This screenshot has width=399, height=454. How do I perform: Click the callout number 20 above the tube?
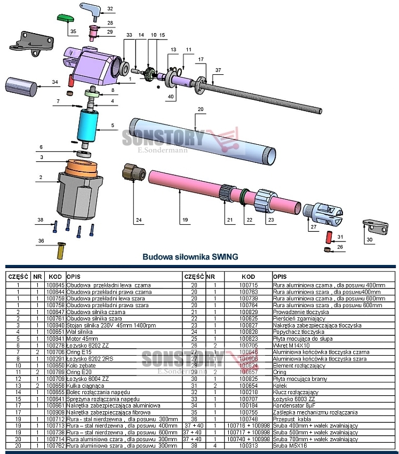point(201,109)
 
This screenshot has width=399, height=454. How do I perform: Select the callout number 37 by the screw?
point(218,71)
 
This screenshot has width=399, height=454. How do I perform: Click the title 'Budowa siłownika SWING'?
point(189,256)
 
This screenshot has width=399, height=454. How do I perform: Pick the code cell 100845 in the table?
point(55,285)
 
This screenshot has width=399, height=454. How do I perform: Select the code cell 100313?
point(248,445)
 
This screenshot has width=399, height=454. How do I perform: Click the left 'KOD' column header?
point(55,277)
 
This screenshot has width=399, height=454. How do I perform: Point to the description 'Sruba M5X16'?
point(289,445)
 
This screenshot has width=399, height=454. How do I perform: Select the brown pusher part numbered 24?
point(131,173)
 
